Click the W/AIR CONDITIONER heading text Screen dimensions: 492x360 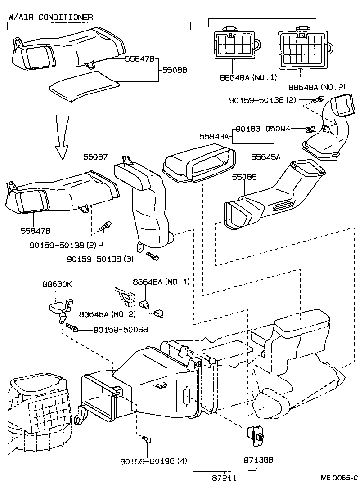coord(50,17)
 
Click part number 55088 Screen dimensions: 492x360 coord(174,71)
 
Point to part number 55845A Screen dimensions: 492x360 coord(265,157)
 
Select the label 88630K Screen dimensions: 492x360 coord(57,284)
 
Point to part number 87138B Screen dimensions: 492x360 coord(259,460)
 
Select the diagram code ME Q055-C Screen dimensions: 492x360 coord(339,478)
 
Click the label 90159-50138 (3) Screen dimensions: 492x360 coord(100,259)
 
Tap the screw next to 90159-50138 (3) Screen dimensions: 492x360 coord(153,256)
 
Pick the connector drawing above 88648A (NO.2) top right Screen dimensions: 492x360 coord(305,48)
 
